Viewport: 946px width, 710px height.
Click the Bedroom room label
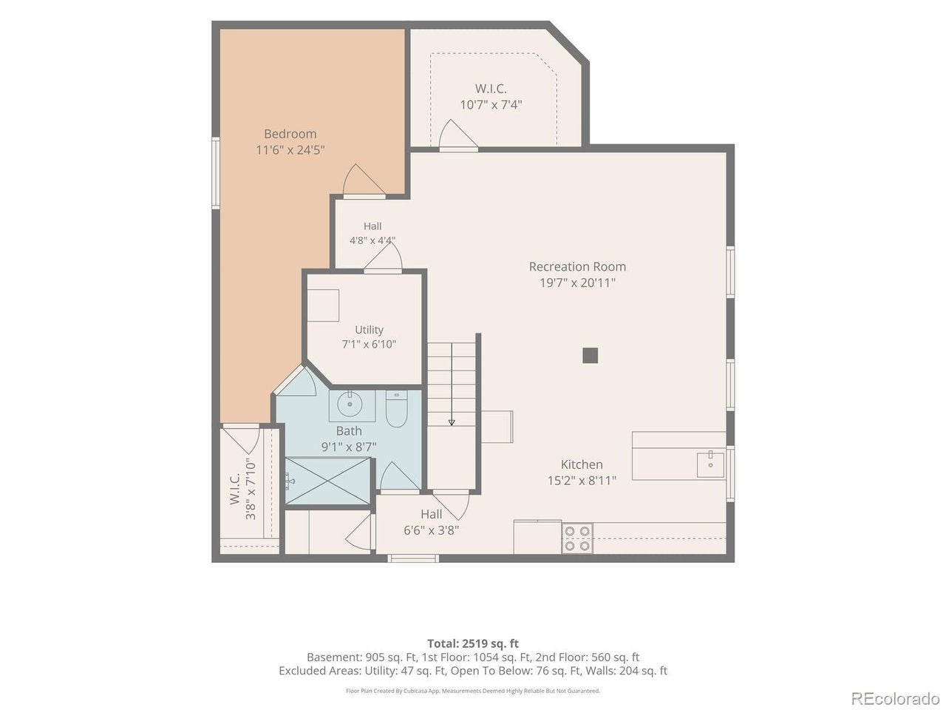(290, 134)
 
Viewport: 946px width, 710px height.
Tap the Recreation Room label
(577, 267)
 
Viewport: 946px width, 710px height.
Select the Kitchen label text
(582, 464)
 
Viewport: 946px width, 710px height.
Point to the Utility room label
(369, 330)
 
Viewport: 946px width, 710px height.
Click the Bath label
(349, 430)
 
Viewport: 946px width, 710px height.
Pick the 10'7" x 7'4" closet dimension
(491, 105)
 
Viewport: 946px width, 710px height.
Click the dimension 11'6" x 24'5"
(290, 150)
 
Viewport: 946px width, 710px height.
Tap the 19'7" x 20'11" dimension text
(577, 283)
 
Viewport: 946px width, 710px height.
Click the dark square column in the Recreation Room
(590, 356)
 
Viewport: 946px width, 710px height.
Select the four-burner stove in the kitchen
(577, 538)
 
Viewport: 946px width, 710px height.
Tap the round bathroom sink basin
(350, 405)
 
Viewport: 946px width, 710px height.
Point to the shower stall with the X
(328, 481)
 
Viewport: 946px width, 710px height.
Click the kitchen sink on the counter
(710, 464)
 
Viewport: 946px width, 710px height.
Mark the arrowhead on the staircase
(452, 423)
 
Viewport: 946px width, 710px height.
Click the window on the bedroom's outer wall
(216, 173)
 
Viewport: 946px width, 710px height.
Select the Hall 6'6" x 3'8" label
(431, 522)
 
